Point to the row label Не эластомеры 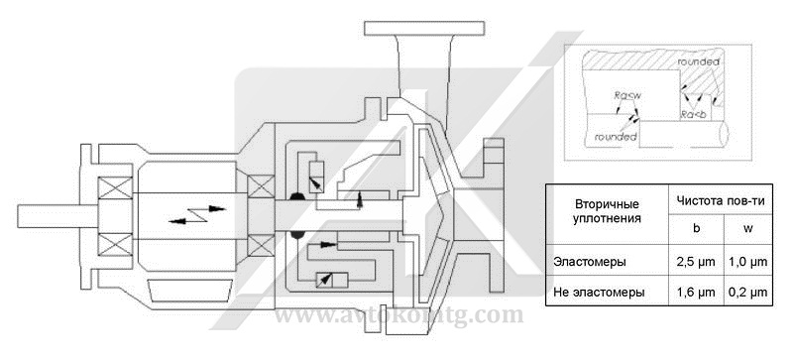599,293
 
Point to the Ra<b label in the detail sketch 694,115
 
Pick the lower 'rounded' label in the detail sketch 607,138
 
